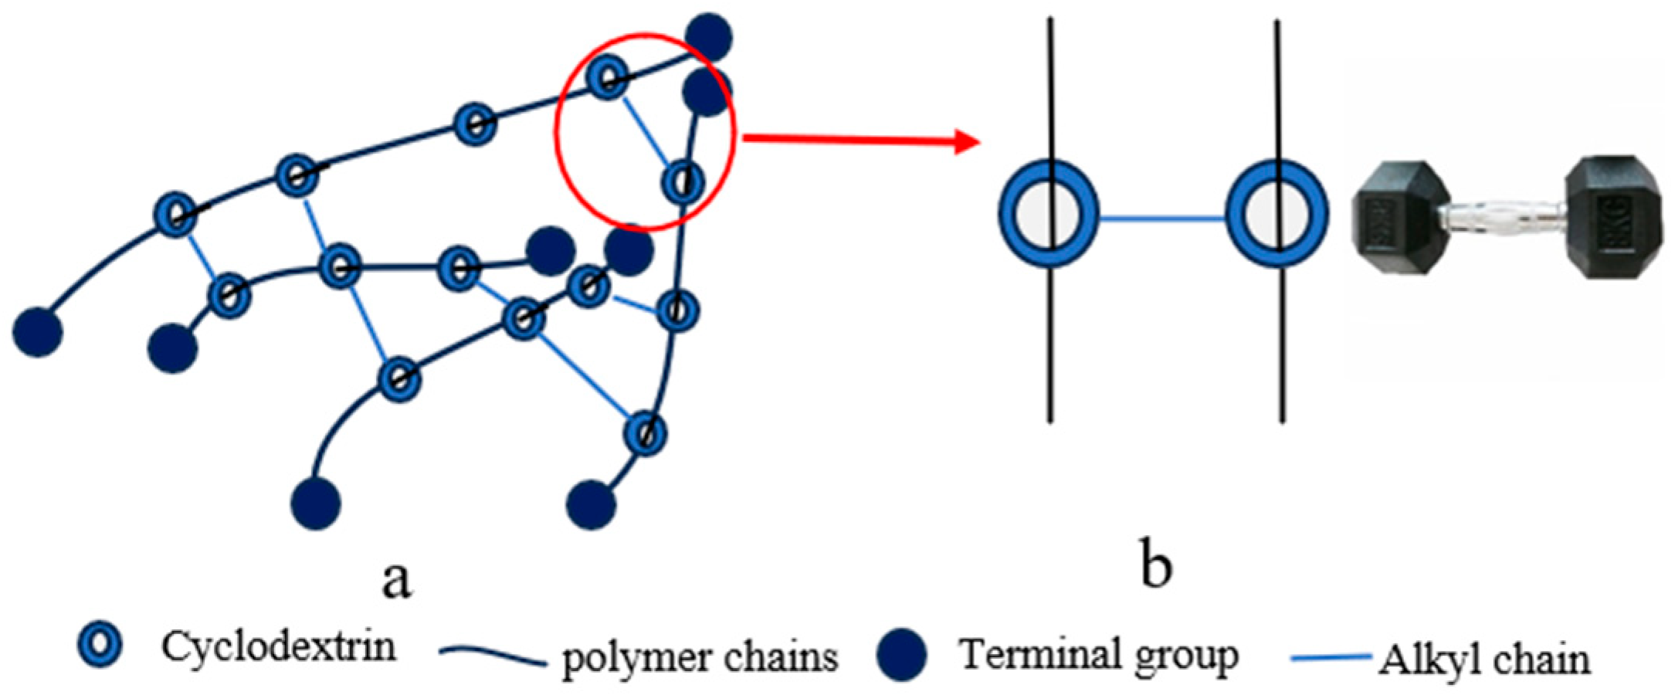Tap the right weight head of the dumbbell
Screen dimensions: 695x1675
click(x=1614, y=215)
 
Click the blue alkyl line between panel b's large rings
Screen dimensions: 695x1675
click(x=1162, y=218)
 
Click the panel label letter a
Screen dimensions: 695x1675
click(x=396, y=579)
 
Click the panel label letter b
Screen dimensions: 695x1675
click(x=1156, y=568)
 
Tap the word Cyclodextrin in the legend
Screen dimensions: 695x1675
click(x=278, y=646)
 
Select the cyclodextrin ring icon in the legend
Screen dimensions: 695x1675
click(x=101, y=646)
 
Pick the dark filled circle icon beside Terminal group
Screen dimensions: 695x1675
click(x=902, y=655)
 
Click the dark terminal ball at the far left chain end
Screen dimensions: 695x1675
click(x=37, y=332)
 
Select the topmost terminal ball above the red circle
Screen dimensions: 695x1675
click(x=710, y=36)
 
